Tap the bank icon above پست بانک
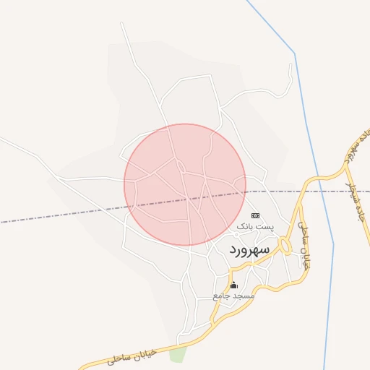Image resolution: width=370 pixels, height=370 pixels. point(254,215)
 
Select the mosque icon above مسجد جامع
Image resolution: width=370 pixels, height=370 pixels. point(233,285)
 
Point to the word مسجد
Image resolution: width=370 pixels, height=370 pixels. point(244,296)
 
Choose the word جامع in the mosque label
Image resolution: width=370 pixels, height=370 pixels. point(222,296)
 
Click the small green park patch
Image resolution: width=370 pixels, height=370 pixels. point(178,354)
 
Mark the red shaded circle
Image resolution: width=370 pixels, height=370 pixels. point(185,185)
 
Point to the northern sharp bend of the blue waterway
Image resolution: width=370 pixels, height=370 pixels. point(295,53)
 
